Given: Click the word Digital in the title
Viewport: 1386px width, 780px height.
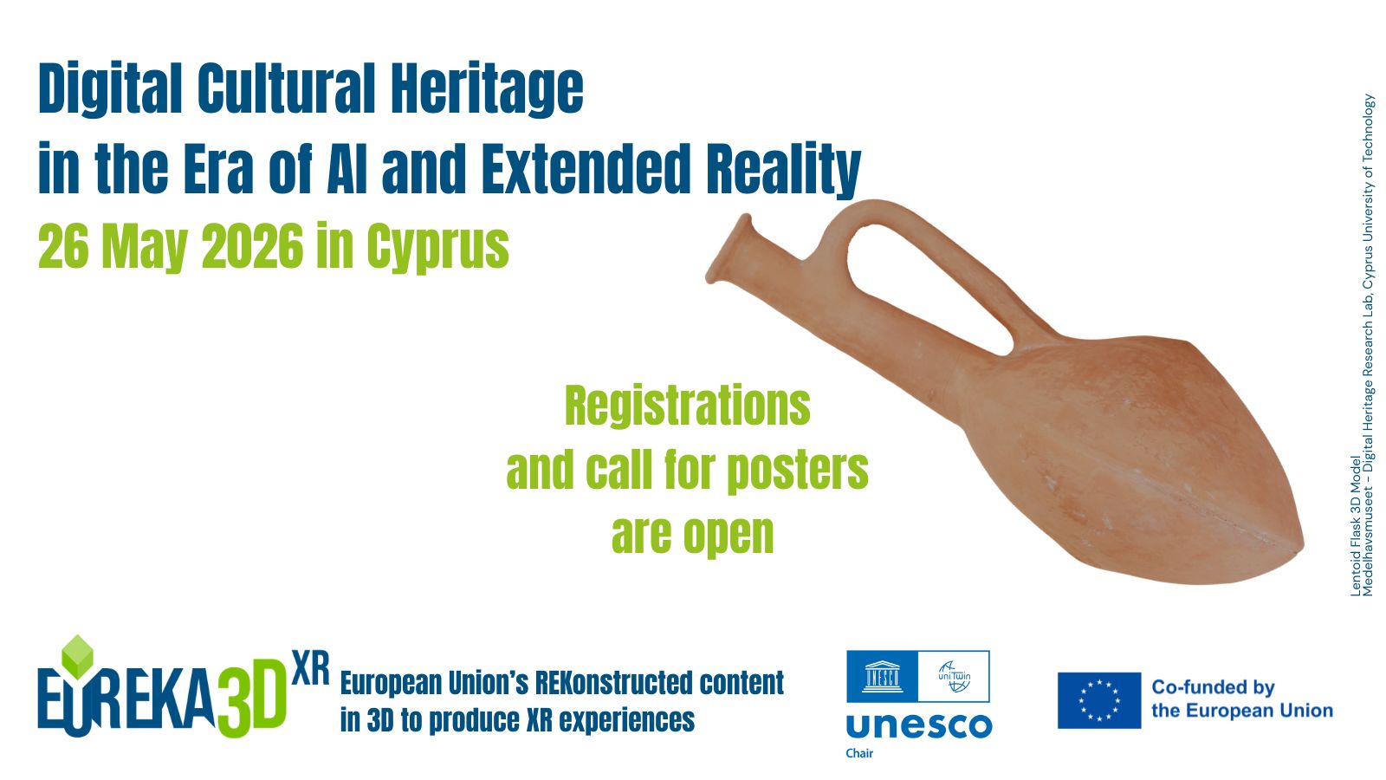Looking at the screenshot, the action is [109, 88].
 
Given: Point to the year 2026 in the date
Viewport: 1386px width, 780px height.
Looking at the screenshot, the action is [252, 245].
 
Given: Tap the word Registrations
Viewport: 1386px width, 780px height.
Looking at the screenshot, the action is [688, 406].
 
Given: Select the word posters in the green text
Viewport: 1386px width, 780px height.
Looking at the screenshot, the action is [798, 471].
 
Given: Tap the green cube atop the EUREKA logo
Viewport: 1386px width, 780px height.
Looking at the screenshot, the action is [77, 655].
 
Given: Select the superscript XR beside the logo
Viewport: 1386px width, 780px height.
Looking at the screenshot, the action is [310, 668].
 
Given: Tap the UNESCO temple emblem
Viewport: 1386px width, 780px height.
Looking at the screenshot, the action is [883, 676].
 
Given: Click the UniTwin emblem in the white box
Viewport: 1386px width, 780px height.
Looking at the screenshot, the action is [954, 676].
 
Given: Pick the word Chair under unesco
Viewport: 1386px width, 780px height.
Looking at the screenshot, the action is [859, 753].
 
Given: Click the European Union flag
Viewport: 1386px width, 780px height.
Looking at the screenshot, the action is [1099, 700].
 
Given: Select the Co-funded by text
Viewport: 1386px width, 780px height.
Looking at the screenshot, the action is [1214, 687].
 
